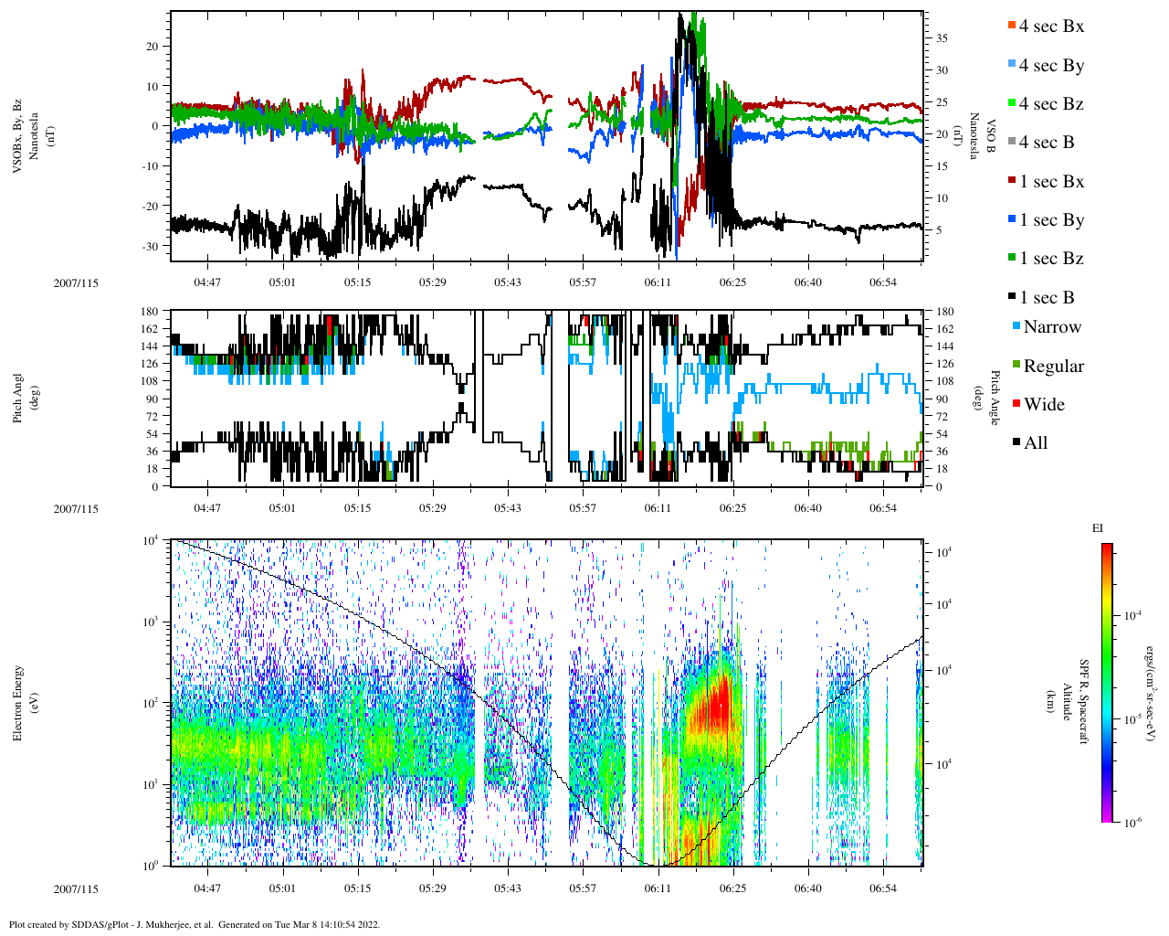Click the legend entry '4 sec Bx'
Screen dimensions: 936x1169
(1051, 27)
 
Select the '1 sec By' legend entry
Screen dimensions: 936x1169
(1051, 220)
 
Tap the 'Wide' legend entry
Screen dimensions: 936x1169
(1044, 405)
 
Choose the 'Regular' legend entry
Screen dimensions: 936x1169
(1053, 367)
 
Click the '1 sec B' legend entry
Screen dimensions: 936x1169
(1047, 298)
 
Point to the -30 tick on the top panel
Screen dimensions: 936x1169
(152, 246)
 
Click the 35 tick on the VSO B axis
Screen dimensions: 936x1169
(941, 38)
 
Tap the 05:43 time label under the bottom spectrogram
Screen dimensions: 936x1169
(508, 888)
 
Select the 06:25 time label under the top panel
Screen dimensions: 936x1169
(732, 282)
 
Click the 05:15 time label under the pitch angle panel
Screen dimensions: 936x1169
(357, 508)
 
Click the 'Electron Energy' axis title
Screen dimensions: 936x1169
(17, 703)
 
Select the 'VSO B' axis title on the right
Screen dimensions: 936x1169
(990, 137)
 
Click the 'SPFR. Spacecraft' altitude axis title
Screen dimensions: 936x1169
(1084, 701)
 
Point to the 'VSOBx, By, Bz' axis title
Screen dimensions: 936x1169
(17, 137)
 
